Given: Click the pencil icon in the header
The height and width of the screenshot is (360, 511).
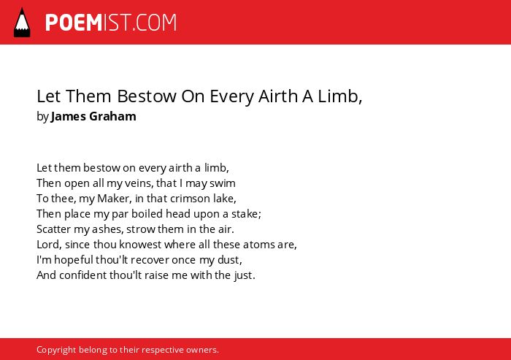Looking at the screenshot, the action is click(x=22, y=22).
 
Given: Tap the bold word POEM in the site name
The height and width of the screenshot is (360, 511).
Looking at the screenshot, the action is click(x=74, y=23).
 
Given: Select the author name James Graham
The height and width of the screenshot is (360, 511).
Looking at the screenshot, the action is click(x=93, y=116).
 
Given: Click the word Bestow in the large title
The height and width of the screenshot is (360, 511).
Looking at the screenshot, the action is click(x=147, y=96).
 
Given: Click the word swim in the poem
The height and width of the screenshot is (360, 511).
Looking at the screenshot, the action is click(x=222, y=183).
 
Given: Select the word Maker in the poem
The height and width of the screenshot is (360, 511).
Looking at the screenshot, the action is click(x=113, y=199).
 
